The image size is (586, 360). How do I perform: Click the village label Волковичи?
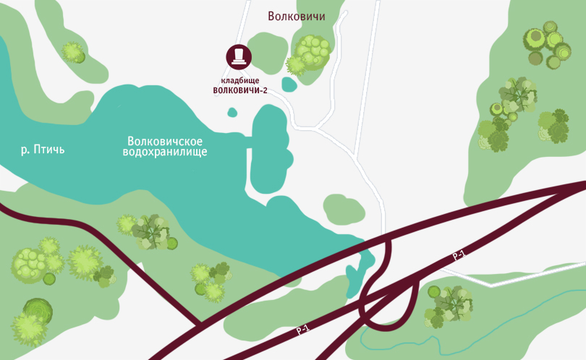[296, 17]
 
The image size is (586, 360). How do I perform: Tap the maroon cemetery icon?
[239, 56]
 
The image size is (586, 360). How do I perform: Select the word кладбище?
[239, 80]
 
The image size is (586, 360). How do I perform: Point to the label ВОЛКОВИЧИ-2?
[240, 91]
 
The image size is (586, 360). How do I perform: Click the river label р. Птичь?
[43, 150]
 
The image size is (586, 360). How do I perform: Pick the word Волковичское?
[164, 141]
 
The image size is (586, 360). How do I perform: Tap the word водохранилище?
[165, 153]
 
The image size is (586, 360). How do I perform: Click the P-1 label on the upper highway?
[459, 255]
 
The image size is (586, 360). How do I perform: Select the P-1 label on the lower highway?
[302, 330]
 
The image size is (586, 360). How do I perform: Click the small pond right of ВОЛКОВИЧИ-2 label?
[289, 85]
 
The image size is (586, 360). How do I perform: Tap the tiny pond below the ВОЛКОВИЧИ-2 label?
[232, 112]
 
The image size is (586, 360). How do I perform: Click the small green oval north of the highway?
[344, 210]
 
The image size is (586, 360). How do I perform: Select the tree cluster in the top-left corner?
[73, 52]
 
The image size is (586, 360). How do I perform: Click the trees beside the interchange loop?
[449, 305]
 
